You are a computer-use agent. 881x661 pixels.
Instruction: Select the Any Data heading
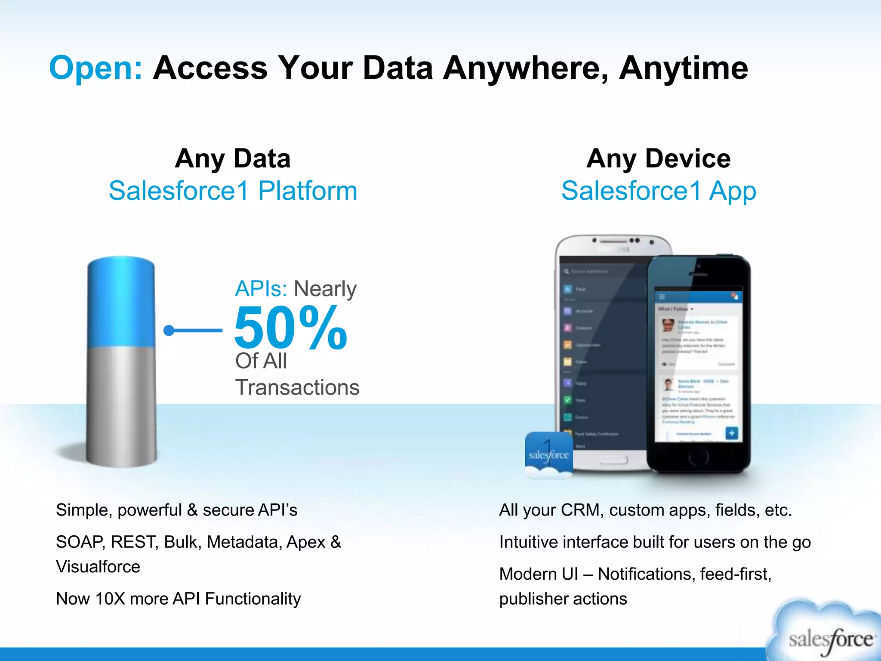[x=233, y=158]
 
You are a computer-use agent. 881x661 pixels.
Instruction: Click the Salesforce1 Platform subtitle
[x=233, y=191]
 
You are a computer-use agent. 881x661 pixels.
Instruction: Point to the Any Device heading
[x=658, y=158]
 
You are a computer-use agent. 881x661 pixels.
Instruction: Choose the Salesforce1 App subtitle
[x=658, y=191]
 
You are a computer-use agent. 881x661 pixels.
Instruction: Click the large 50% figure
[x=290, y=328]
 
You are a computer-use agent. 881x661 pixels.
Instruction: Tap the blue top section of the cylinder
[x=121, y=301]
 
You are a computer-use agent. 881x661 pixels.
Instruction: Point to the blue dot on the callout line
[x=169, y=330]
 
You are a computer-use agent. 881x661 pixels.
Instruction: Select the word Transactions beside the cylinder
[x=297, y=387]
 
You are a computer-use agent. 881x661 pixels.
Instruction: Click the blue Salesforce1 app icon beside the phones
[x=548, y=454]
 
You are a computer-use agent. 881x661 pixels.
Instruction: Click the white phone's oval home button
[x=613, y=460]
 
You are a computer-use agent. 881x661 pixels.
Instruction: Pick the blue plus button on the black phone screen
[x=731, y=433]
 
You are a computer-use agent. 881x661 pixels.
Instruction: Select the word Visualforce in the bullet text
[x=98, y=567]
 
